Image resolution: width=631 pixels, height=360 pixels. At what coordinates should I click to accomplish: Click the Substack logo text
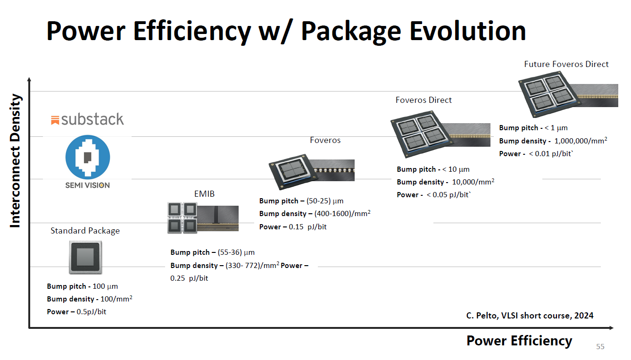click(88, 119)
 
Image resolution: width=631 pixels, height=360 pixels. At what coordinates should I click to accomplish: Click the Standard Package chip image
click(85, 257)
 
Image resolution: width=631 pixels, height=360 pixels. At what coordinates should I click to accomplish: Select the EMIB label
click(204, 194)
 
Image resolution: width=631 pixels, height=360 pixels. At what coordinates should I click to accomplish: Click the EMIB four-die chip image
click(182, 218)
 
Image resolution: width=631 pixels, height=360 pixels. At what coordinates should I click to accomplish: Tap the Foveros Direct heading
click(423, 100)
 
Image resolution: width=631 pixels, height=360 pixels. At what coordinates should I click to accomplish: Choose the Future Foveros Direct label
click(566, 64)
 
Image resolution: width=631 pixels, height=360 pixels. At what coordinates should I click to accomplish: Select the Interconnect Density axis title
click(15, 160)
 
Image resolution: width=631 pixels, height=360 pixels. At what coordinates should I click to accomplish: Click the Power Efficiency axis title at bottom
click(519, 341)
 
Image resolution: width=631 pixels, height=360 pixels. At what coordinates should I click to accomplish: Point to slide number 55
click(600, 347)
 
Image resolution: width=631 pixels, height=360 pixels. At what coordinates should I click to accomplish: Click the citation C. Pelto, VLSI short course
click(526, 316)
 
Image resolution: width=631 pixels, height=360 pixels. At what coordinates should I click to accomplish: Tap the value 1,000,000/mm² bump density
click(581, 141)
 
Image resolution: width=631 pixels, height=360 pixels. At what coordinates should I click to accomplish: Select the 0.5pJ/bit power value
click(91, 311)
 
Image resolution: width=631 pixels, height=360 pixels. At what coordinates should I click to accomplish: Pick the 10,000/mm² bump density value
click(473, 182)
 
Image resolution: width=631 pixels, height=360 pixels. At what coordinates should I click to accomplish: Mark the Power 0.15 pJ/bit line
click(293, 226)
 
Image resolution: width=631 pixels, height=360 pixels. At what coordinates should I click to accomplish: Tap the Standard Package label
click(85, 231)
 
